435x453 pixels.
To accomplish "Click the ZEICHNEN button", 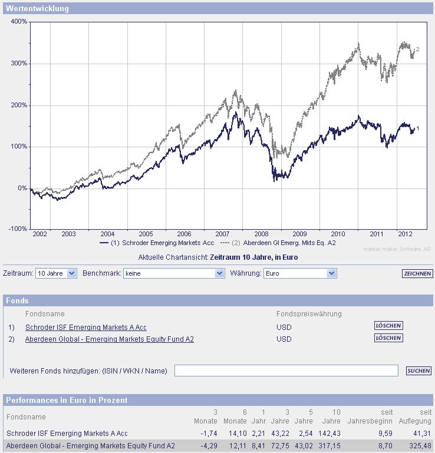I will (x=417, y=274).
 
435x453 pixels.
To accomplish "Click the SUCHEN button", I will (x=418, y=371).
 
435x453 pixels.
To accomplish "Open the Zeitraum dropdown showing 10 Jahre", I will (x=56, y=273).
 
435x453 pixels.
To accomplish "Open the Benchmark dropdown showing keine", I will (x=174, y=273).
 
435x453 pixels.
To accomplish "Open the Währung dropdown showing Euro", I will (x=299, y=273).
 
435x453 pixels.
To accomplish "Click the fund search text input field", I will (x=286, y=371).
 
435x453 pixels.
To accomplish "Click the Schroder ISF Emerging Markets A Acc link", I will (x=86, y=327).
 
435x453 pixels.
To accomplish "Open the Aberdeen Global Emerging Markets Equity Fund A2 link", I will (x=110, y=339).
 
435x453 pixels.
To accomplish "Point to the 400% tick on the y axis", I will (x=19, y=22).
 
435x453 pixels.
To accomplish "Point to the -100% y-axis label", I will (x=18, y=229).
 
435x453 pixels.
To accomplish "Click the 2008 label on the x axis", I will (x=261, y=234).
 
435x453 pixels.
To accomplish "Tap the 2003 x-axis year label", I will (x=69, y=234).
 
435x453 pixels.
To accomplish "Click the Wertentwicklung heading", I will (x=37, y=9).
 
